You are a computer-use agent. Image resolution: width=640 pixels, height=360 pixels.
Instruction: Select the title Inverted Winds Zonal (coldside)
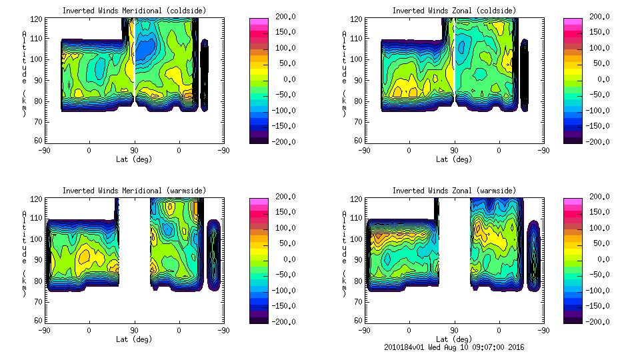[x=454, y=11]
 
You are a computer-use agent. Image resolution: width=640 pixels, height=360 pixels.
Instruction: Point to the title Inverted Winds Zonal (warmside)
[x=454, y=191]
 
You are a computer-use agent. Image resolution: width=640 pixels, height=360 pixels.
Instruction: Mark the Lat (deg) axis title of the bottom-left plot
[x=134, y=339]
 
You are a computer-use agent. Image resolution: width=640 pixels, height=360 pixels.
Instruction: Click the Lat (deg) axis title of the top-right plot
[x=454, y=159]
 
